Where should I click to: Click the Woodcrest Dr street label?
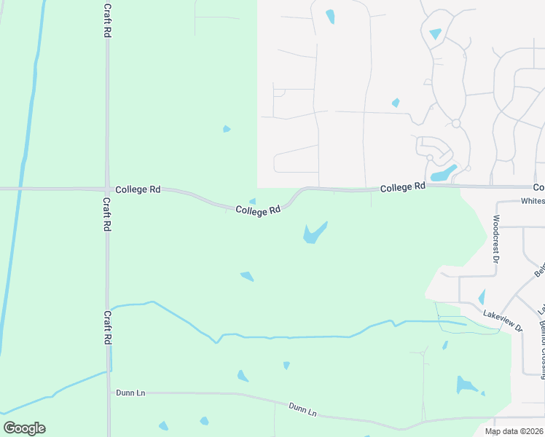(495, 238)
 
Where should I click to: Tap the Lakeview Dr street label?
(503, 321)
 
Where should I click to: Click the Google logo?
(24, 428)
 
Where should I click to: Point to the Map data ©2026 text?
(514, 431)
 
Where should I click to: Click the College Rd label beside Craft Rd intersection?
(138, 189)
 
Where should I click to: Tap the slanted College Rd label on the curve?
(258, 210)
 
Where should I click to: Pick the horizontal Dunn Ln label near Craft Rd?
(130, 393)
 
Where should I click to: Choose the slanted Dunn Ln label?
(302, 410)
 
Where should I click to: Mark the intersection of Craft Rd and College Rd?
(107, 189)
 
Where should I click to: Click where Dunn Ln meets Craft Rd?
(109, 392)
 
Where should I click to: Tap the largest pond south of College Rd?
(315, 232)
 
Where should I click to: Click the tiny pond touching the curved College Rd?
(252, 202)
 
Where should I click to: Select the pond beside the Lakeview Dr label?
(482, 297)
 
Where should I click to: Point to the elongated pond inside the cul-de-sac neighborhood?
(443, 173)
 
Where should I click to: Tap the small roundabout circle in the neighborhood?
(456, 123)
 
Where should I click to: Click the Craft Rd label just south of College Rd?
(106, 215)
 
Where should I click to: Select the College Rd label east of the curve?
(402, 187)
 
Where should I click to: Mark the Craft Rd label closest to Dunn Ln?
(107, 328)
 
